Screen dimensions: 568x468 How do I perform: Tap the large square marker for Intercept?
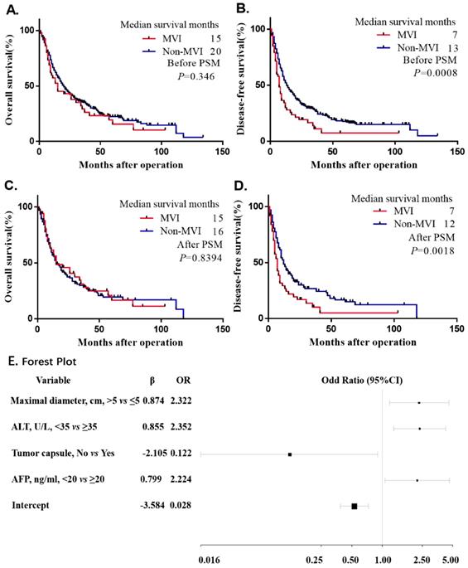354,506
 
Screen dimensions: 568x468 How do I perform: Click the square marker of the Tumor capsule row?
290,454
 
